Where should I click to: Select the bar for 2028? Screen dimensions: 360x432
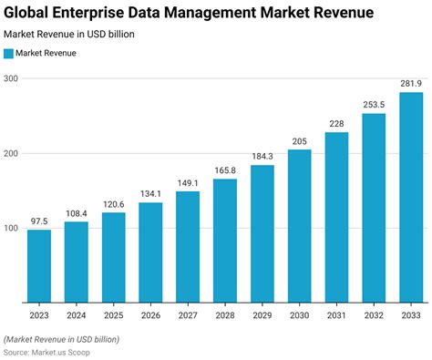225,240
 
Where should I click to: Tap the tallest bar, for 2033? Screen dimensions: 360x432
411,197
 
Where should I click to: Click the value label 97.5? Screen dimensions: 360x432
39,221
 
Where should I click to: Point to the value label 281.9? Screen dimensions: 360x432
411,83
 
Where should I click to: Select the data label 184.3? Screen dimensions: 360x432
262,156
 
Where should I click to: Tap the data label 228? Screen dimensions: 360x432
336,123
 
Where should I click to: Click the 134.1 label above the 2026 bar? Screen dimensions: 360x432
151,193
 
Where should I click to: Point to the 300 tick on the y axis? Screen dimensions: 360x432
11,78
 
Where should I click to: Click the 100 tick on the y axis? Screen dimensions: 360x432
11,227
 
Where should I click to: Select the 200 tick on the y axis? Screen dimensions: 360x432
11,153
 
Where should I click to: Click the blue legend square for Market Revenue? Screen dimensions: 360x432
9,54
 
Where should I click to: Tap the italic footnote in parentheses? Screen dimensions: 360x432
61,339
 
